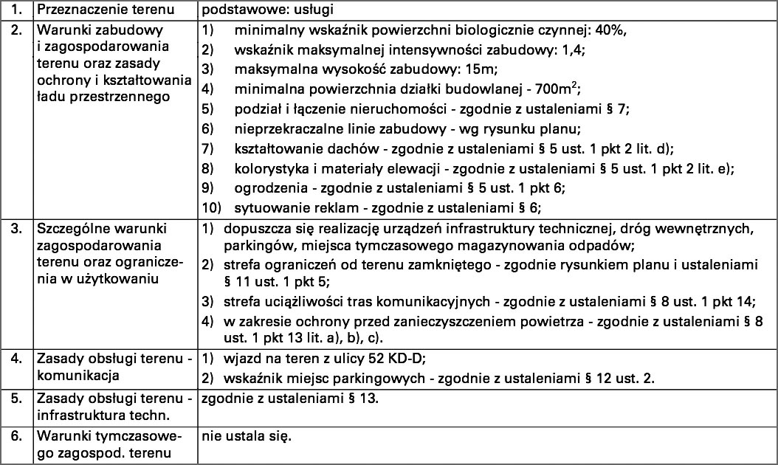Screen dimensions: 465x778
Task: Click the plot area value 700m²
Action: click(x=559, y=90)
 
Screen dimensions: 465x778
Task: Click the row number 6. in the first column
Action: click(x=16, y=437)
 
